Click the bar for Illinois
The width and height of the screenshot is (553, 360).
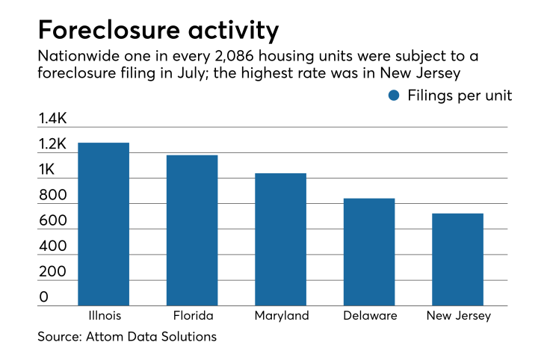point(103,223)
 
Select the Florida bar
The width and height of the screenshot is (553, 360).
point(192,230)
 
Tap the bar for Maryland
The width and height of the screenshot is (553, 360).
point(280,239)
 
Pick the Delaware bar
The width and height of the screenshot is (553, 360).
point(369,252)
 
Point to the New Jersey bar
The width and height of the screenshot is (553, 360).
point(457,259)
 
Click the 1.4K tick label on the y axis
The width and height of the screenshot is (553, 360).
point(53,118)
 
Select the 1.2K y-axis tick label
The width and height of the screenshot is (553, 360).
point(53,144)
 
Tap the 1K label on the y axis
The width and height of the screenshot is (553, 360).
point(47,170)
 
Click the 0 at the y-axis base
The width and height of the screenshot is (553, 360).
point(43,297)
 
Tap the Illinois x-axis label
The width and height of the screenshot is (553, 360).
point(103,316)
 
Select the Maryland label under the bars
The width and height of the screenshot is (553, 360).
point(280,316)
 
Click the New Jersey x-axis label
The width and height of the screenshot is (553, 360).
point(458,316)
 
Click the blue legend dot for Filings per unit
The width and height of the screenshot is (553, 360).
point(395,96)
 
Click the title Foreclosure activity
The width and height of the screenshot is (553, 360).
point(158,31)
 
